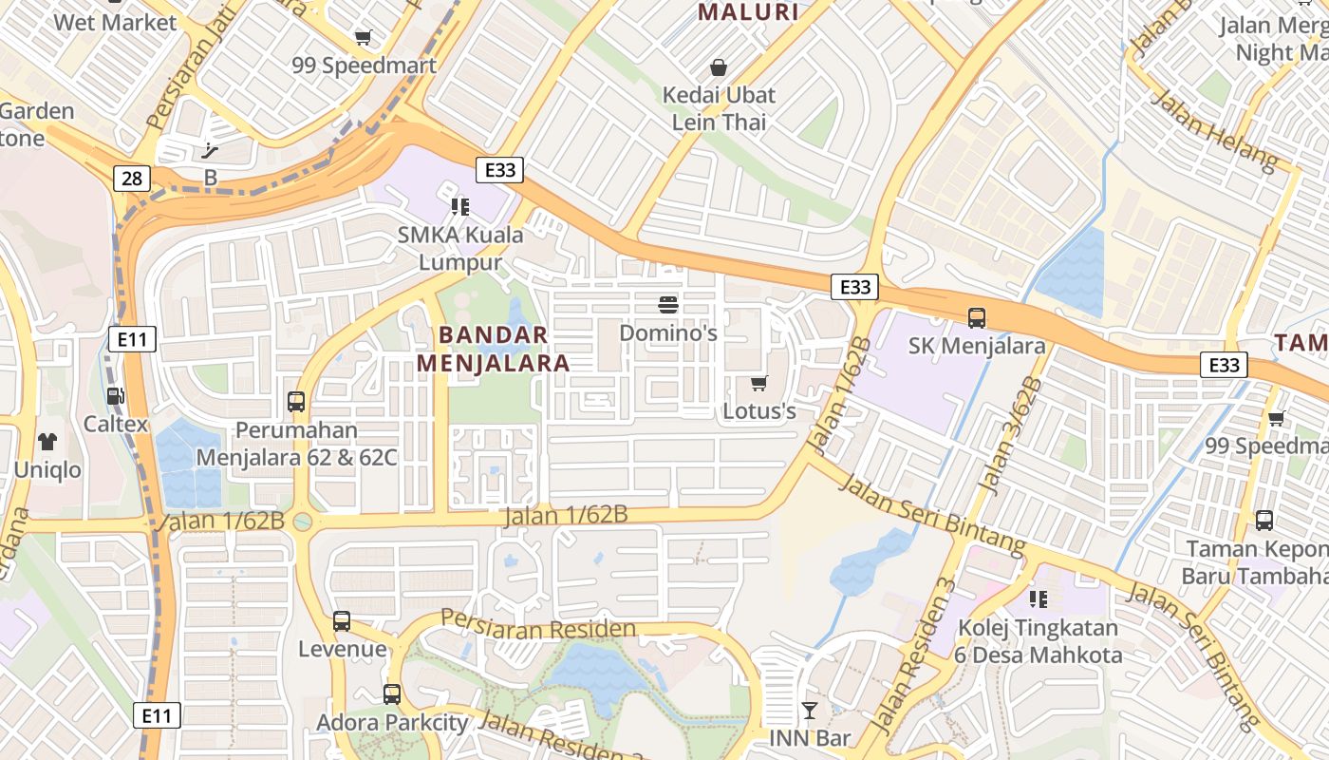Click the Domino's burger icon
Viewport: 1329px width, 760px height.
pos(668,305)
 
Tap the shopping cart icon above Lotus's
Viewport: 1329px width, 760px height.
pos(758,383)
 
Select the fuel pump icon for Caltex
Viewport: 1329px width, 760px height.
pos(115,396)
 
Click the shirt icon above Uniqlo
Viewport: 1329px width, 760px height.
pos(47,441)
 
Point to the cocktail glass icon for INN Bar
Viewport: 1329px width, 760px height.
pos(809,710)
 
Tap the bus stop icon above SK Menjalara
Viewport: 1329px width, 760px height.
pos(976,317)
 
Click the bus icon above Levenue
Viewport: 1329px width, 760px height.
pos(342,621)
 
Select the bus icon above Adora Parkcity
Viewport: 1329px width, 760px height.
pos(392,694)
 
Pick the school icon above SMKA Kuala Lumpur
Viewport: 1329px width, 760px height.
pos(460,206)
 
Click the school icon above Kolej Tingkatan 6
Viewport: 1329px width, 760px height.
pos(1039,598)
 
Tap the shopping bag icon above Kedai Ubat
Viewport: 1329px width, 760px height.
pos(719,67)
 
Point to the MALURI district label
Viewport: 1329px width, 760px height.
pos(748,12)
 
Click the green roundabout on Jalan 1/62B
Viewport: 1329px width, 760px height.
pos(303,522)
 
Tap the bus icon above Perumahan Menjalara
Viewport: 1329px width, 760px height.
pos(296,402)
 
